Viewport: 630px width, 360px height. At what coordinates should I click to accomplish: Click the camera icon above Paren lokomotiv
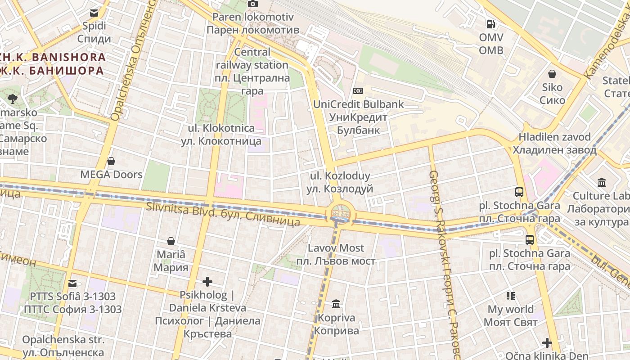click(253, 4)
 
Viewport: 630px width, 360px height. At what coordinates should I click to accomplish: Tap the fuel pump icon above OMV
click(490, 24)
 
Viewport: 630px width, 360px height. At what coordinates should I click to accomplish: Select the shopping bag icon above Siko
click(552, 74)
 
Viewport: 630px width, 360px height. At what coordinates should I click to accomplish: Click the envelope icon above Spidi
click(94, 13)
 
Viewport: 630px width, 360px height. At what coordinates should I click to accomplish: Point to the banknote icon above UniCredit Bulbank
click(358, 91)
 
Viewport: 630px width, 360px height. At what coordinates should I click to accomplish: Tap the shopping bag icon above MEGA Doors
click(111, 161)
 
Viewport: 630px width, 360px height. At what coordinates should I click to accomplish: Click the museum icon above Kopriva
click(336, 304)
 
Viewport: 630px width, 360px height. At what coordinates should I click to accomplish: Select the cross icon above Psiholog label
click(207, 282)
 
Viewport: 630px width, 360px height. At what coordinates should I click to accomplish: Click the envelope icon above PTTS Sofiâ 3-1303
click(72, 283)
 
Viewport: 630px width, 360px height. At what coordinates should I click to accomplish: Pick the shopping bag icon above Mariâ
click(171, 241)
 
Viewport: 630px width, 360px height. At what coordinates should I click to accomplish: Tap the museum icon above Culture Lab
click(602, 183)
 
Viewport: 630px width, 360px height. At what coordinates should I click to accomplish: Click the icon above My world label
click(511, 296)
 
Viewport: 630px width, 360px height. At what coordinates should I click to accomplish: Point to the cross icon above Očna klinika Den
click(547, 343)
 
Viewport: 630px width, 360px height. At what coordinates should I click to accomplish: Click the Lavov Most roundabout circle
click(339, 212)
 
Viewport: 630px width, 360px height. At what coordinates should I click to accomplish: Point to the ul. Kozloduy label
click(340, 182)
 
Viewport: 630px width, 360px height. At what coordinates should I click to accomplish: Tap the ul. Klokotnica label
click(221, 135)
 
